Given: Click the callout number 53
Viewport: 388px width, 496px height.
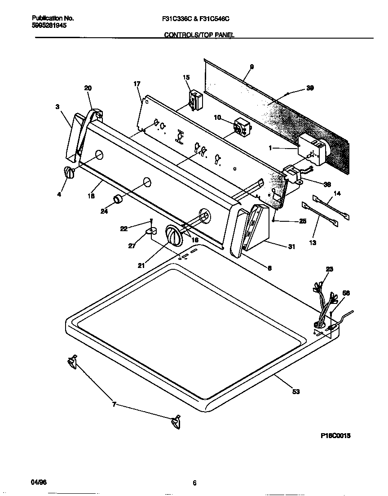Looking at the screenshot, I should (295, 392).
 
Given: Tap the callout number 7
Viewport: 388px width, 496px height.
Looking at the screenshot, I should (114, 404).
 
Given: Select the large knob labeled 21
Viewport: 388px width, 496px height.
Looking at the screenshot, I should (173, 235).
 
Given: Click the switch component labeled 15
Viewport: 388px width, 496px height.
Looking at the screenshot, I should (195, 100).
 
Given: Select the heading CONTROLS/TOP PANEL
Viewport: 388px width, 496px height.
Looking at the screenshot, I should (199, 35).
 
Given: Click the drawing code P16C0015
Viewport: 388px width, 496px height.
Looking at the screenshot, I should (335, 436).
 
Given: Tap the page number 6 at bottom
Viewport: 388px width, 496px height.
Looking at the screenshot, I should (194, 483).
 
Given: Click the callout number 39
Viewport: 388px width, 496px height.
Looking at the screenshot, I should (309, 88).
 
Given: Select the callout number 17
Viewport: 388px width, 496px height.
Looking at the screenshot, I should (137, 84).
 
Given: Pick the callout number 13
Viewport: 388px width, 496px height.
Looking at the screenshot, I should (313, 243).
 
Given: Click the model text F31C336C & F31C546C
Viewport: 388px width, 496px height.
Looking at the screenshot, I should (199, 18).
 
